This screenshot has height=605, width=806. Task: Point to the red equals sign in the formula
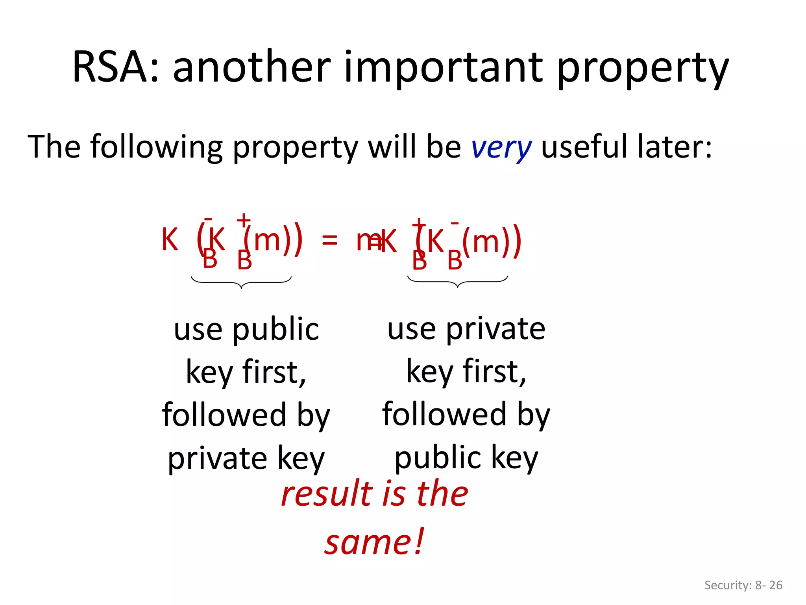329,240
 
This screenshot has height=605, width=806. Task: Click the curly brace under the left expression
241,282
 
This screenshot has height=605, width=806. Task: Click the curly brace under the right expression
457,282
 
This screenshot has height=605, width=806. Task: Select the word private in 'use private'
495,329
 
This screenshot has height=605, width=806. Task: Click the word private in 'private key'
218,458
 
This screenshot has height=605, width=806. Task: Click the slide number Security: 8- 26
743,585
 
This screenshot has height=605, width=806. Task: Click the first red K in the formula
170,240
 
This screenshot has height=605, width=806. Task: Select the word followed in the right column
444,414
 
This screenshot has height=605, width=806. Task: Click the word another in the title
252,67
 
